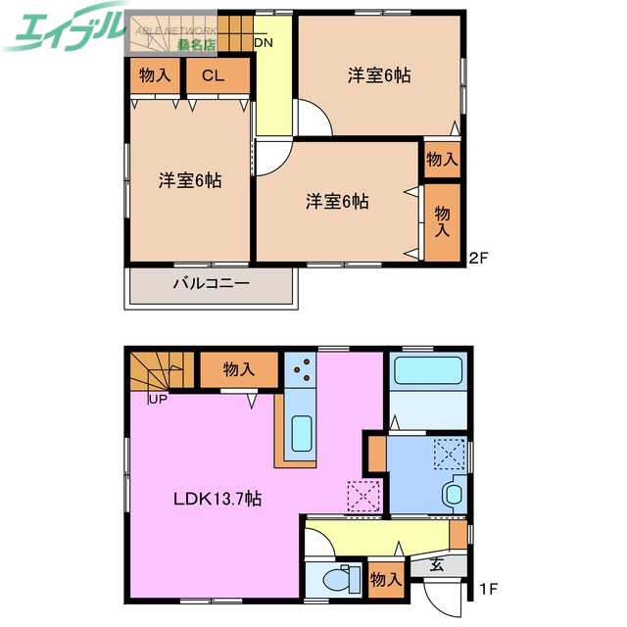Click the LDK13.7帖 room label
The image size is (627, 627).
point(217,499)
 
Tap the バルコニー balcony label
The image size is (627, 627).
point(212,284)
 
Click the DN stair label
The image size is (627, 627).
point(263,43)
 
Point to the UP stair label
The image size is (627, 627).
point(156,399)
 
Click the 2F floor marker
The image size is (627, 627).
point(477,259)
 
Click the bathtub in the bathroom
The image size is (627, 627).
point(426,372)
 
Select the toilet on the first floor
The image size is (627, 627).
point(335,579)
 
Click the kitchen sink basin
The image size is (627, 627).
point(302,431)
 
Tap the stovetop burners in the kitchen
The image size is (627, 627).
point(301,370)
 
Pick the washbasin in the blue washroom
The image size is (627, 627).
point(455,493)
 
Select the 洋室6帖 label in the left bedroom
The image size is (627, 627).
point(190,180)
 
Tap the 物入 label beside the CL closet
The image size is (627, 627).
point(155,74)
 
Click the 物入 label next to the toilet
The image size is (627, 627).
point(386,579)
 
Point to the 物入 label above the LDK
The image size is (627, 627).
point(238,369)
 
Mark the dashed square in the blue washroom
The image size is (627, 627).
point(452,454)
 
